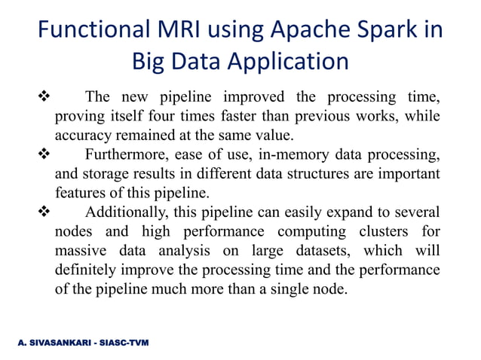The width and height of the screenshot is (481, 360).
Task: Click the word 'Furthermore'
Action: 127,156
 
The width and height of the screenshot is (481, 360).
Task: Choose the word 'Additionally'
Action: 130,213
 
